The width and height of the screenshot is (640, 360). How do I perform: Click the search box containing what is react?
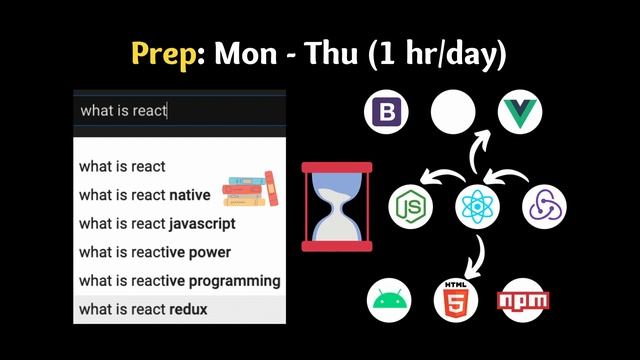tap(180, 110)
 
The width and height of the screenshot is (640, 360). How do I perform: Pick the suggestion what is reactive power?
tap(154, 252)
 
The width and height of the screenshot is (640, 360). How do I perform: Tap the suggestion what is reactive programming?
tap(179, 280)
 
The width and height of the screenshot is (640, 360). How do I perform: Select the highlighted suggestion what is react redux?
tap(143, 309)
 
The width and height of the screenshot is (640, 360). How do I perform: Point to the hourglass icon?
tap(336, 206)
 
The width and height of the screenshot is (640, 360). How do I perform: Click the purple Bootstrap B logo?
tap(386, 111)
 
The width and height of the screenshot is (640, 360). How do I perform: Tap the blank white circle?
tap(452, 111)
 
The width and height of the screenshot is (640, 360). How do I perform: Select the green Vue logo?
tap(520, 111)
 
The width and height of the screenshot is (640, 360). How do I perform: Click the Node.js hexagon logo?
tap(410, 206)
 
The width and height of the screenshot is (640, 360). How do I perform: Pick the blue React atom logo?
tap(477, 206)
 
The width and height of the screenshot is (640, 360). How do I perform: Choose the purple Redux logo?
tap(545, 206)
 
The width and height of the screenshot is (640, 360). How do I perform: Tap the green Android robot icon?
tap(389, 300)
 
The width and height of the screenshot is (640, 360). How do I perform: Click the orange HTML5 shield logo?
tap(456, 300)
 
